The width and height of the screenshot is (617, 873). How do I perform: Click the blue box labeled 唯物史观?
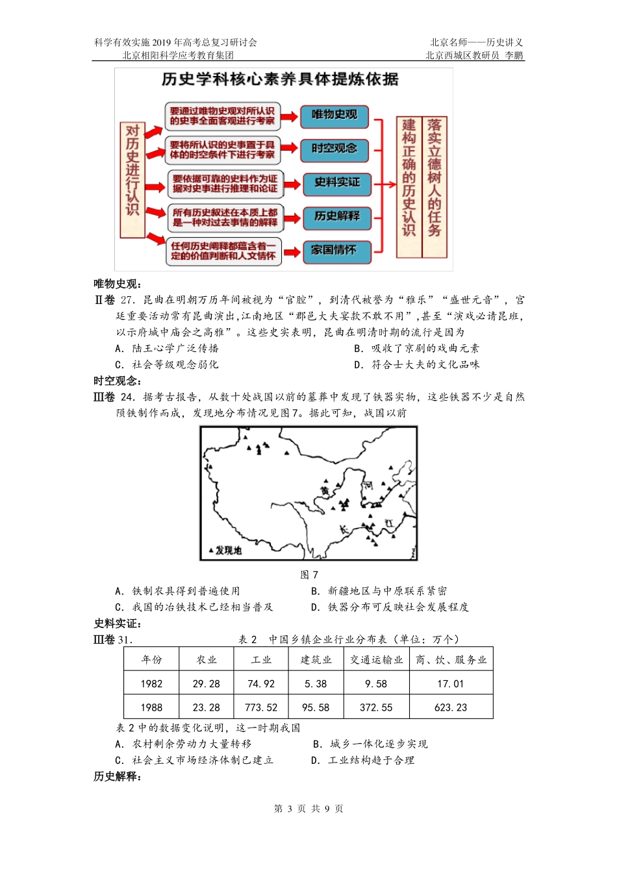[x=334, y=116]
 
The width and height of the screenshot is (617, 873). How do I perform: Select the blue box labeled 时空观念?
[x=334, y=149]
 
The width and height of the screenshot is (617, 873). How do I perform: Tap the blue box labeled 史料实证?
[x=336, y=183]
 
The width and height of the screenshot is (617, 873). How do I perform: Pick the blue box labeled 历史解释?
[x=336, y=217]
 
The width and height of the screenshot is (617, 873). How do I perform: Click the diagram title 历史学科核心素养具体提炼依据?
[x=280, y=80]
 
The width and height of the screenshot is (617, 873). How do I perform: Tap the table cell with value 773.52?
[x=261, y=707]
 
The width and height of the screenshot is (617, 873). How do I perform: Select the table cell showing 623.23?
[x=451, y=707]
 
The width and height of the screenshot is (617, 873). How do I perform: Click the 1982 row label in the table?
[x=151, y=684]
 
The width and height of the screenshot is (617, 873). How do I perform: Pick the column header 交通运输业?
[x=377, y=660]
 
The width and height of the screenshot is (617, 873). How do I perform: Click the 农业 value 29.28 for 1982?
[x=207, y=684]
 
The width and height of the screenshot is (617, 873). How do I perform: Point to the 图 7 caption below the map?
[x=309, y=575]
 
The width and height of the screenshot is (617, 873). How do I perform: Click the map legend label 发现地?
[x=228, y=551]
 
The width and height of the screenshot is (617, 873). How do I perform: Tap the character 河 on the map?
[x=368, y=485]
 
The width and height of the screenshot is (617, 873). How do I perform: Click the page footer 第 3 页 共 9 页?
[x=308, y=809]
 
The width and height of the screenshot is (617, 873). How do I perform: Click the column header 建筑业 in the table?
[x=316, y=660]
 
